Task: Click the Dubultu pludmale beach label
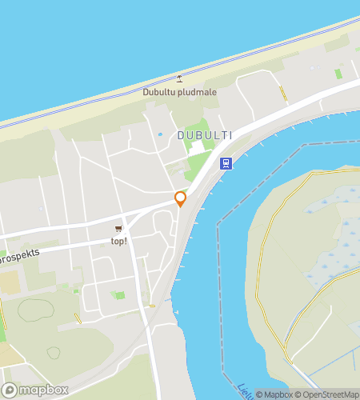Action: pyautogui.click(x=180, y=91)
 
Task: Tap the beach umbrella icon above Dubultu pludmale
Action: pyautogui.click(x=179, y=78)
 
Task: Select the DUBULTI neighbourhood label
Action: pyautogui.click(x=205, y=136)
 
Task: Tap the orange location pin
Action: pyautogui.click(x=181, y=198)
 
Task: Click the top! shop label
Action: pyautogui.click(x=118, y=241)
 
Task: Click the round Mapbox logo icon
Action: pyautogui.click(x=10, y=389)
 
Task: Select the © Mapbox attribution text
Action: pyautogui.click(x=274, y=394)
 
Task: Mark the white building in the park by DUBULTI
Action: pyautogui.click(x=197, y=150)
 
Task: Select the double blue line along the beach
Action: pyautogui.click(x=120, y=101)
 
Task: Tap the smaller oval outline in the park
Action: pyautogui.click(x=53, y=352)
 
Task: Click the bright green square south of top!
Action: pyautogui.click(x=120, y=295)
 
